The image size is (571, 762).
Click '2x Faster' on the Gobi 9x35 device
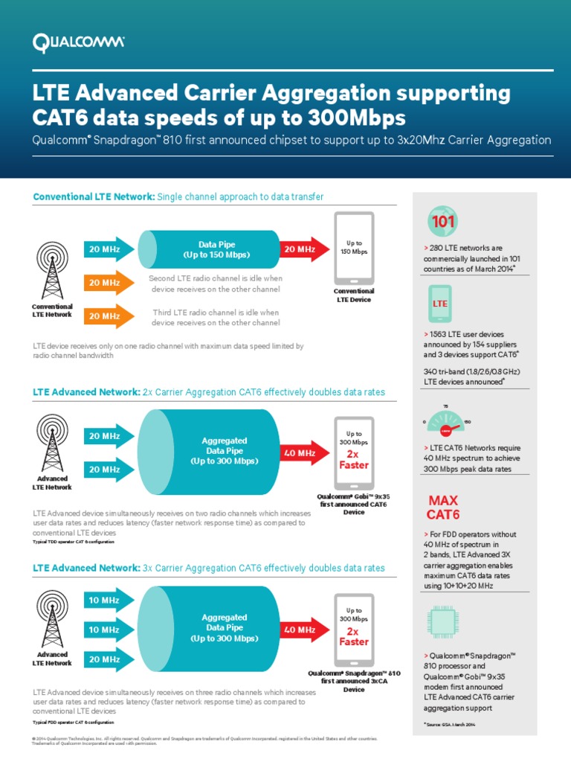tap(354, 459)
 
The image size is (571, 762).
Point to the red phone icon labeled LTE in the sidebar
tap(439, 304)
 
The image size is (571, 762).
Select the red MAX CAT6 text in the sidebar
tap(442, 507)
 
